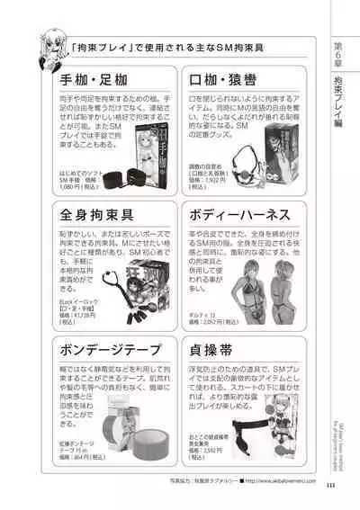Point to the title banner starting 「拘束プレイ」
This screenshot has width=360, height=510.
[170, 44]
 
